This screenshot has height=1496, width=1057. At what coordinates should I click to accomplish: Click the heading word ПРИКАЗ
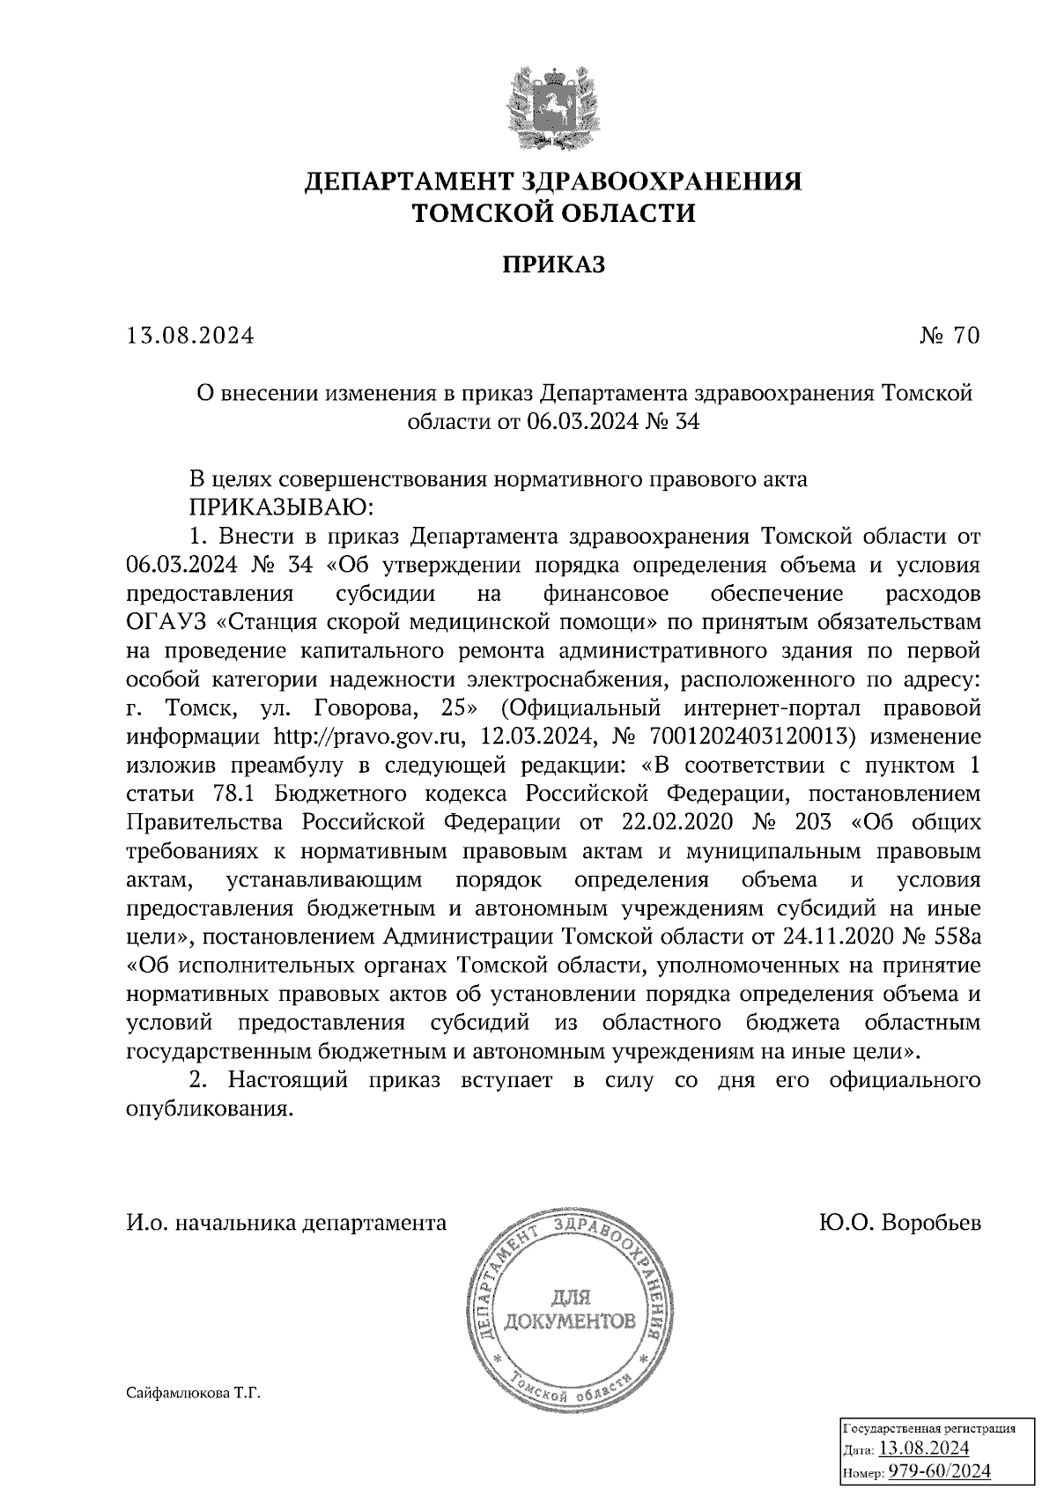[x=554, y=265]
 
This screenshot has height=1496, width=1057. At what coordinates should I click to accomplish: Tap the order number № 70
[x=947, y=336]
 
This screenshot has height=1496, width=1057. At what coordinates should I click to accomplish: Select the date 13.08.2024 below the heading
[x=190, y=336]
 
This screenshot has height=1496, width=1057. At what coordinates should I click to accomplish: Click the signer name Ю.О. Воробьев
[x=898, y=1223]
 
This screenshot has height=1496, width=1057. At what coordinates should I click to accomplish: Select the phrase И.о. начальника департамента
[x=286, y=1223]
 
